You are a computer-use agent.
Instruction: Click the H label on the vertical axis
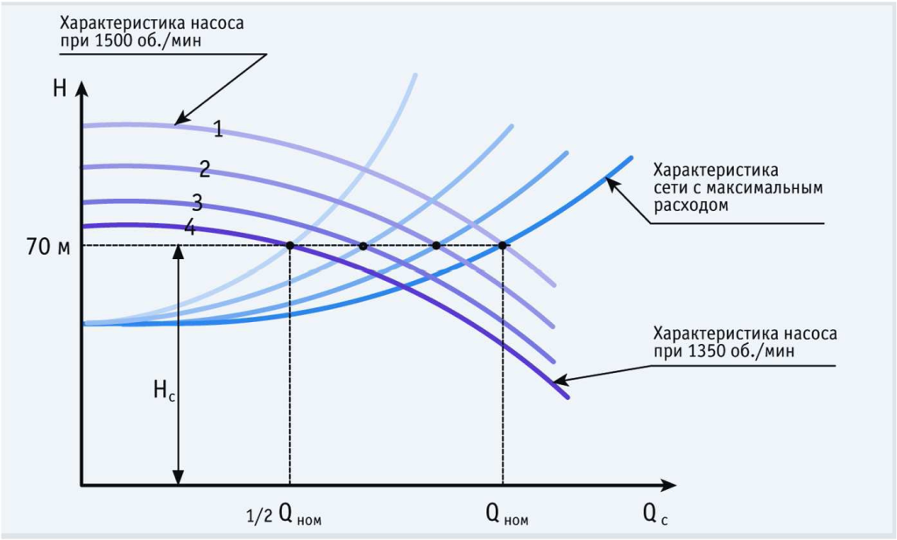coord(60,88)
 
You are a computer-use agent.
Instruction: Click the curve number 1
coord(217,130)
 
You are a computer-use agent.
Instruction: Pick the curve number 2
coord(204,168)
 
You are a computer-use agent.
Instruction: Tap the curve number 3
coord(197,203)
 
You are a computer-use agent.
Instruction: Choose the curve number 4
coord(189,228)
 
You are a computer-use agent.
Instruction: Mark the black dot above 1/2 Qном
coord(289,245)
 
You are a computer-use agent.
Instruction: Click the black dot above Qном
coord(502,245)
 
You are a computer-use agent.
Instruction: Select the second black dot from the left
coord(364,245)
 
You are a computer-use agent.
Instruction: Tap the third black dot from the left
coord(436,245)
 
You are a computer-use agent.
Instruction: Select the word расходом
coord(692,205)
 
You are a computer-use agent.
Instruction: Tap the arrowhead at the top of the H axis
coord(81,88)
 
